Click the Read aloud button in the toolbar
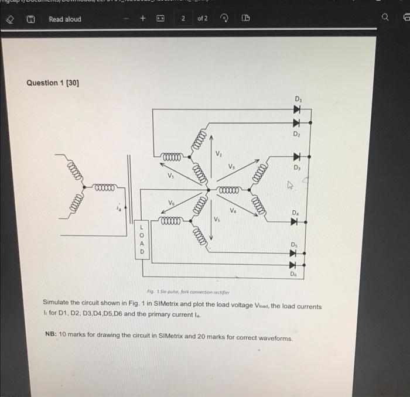coord(64,19)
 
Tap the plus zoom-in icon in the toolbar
coord(142,19)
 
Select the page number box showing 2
coord(183,19)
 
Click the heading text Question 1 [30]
coord(53,83)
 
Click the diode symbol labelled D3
coord(296,157)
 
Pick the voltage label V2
coord(218,154)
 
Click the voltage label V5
coord(216,220)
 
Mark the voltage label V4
coord(233,210)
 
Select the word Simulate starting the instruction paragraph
coord(58,306)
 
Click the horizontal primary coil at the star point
coord(106,187)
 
